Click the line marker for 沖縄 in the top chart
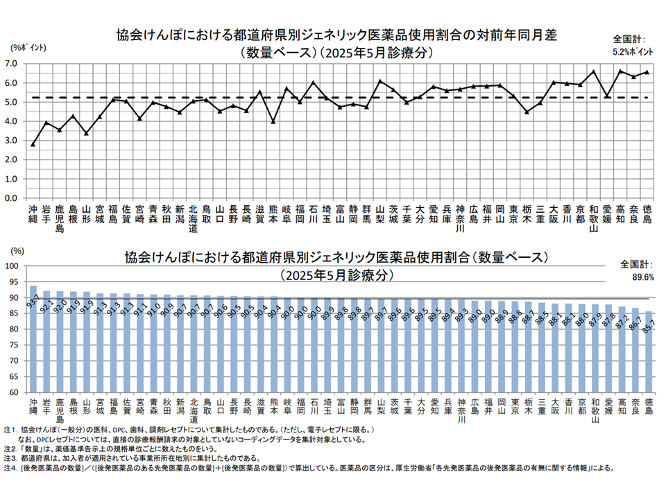tap(33, 144)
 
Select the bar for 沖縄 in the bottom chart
tap(33, 340)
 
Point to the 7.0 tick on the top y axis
tap(12, 64)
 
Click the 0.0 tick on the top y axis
tap(12, 198)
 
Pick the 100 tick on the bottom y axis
tap(10, 266)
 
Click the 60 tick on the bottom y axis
tap(12, 393)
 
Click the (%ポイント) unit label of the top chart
tap(28, 46)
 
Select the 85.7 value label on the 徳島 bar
tap(649, 325)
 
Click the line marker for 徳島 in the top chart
tap(647, 72)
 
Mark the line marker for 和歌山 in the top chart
tap(593, 71)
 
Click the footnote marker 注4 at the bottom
tap(10, 468)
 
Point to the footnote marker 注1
tap(10, 430)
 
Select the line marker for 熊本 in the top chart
tap(273, 121)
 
